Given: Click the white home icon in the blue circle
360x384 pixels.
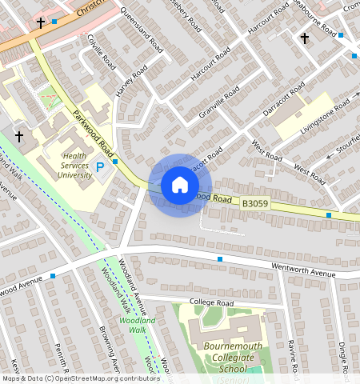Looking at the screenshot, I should coord(180,185).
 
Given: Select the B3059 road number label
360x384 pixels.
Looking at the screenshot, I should coord(256,204).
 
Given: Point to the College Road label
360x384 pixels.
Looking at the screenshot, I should coord(211,302).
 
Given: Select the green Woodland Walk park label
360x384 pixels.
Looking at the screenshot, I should coord(132,324).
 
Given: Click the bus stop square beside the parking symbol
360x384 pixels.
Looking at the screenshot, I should coord(116,162).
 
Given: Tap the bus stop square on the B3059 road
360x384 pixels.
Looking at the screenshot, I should coord(329,214).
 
